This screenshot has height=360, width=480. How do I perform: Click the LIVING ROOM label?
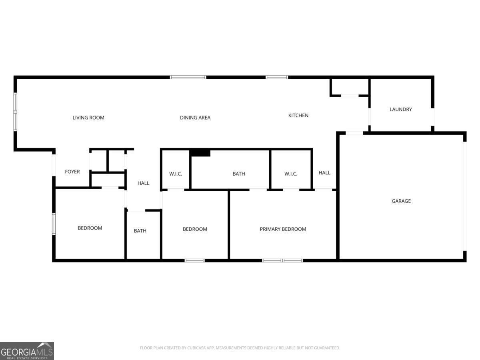tap(88, 118)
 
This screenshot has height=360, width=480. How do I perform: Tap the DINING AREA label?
tap(195, 118)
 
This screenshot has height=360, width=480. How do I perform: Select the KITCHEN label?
tap(298, 116)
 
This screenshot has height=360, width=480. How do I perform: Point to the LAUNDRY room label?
tap(401, 109)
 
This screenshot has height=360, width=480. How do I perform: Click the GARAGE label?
tap(401, 201)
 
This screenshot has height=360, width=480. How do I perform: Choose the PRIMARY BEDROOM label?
tap(283, 229)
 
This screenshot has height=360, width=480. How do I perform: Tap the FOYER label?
tap(72, 172)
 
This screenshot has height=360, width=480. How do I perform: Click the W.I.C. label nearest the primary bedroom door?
tap(291, 174)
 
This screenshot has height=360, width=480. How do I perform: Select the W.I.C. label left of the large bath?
tap(175, 174)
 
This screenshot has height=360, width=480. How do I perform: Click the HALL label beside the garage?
tap(324, 173)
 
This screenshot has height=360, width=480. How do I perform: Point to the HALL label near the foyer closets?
tap(143, 183)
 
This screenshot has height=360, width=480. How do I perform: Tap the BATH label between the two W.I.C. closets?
tap(238, 174)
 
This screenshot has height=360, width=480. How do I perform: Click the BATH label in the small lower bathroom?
tap(140, 231)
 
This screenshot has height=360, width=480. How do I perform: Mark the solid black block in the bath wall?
tap(200, 153)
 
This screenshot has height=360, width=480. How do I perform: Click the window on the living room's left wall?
tap(15, 112)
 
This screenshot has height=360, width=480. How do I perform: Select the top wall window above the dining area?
tap(188, 77)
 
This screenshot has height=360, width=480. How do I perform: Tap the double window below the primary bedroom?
tap(282, 260)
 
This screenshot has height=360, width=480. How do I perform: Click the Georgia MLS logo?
tap(27, 351)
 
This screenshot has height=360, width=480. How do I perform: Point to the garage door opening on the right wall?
tap(465, 196)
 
